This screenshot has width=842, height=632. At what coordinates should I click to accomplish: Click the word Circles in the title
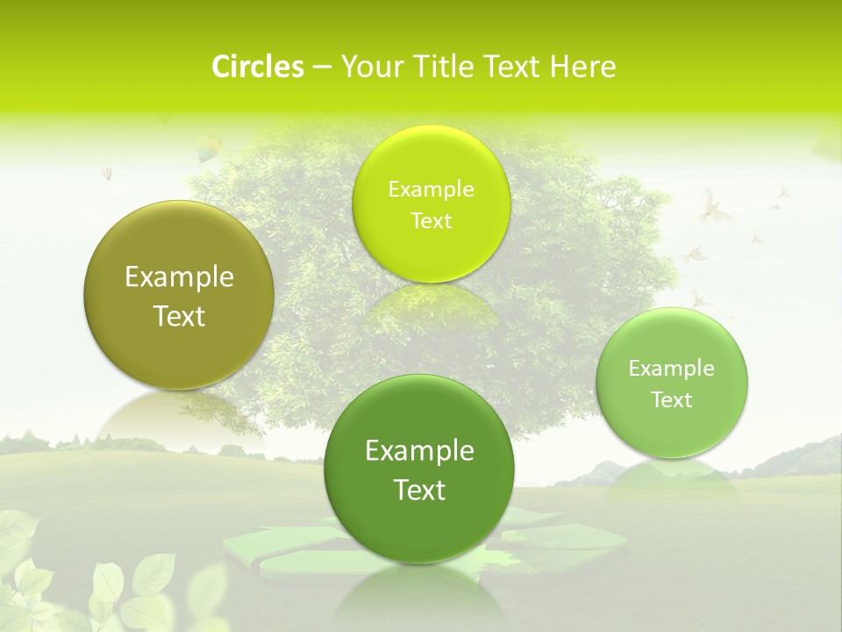[258, 67]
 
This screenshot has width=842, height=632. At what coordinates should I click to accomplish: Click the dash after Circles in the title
[321, 68]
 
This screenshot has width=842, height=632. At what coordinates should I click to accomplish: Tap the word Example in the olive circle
[179, 277]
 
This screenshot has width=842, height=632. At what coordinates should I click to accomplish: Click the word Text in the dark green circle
[419, 490]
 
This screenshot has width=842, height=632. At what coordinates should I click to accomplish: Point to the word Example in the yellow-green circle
[431, 189]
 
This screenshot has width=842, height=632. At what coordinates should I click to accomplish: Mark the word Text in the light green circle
[672, 400]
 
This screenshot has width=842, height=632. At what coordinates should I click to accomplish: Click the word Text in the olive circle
[179, 316]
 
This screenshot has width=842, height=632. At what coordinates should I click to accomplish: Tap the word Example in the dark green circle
[419, 451]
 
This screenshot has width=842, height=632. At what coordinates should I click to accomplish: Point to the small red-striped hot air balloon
[107, 174]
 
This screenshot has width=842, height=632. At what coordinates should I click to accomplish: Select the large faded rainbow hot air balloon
[208, 147]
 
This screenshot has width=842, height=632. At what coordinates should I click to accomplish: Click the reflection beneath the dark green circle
[419, 592]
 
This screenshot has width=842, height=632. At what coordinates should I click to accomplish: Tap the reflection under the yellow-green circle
[431, 303]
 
